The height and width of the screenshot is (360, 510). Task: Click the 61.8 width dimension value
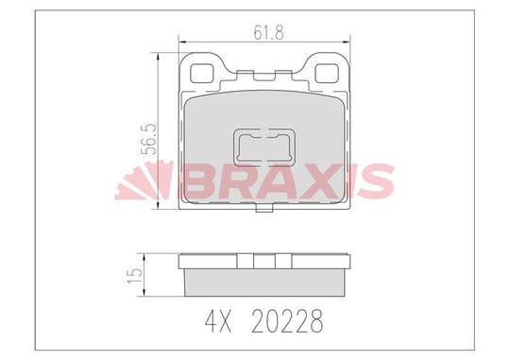[268, 33]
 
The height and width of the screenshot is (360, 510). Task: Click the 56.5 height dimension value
[149, 139]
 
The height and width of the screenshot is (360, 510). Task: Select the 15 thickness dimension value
[135, 275]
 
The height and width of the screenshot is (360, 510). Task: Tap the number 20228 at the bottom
[287, 321]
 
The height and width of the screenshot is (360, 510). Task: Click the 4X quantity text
[218, 321]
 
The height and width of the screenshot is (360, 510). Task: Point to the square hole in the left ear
[201, 74]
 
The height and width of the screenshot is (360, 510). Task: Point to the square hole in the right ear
[327, 74]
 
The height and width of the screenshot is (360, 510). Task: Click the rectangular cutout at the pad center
[264, 147]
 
